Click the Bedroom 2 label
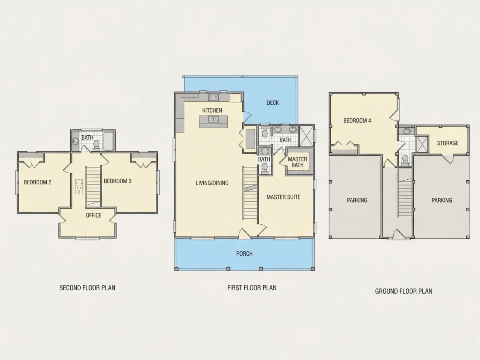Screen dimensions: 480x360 pos(38,182)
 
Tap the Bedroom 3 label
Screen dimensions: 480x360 pos(117,181)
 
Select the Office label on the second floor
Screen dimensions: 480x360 pos(93,216)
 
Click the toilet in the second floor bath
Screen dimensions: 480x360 pos(96,145)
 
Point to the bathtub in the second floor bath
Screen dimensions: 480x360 pos(109,141)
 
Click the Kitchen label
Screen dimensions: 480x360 pos(212,110)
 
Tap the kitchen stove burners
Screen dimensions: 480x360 pos(213,97)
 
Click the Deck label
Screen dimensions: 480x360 pos(272,103)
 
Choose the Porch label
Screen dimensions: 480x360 pos(244,254)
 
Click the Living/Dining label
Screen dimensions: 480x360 pos(212,183)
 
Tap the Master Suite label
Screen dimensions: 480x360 pos(283,197)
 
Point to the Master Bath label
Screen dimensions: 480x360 pos(297,162)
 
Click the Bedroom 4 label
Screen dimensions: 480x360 pos(357,120)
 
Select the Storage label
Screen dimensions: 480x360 pos(448,143)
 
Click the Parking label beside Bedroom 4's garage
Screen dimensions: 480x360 pos(357,201)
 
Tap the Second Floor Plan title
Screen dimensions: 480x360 pos(87,288)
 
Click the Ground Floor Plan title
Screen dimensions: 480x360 pos(404,291)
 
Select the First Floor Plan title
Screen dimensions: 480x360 pos(252,288)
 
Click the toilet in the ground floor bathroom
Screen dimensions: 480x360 pos(405,160)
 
